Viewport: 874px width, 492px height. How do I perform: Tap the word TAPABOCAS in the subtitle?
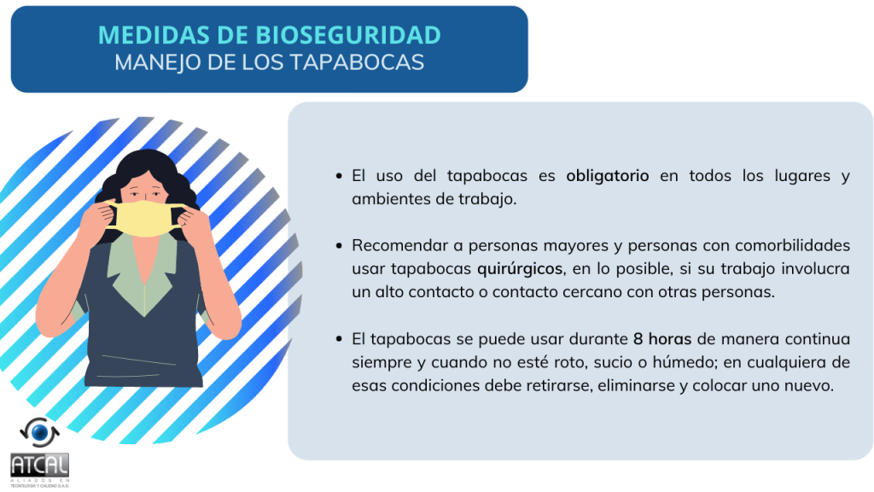point(357,62)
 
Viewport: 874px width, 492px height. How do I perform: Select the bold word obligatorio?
point(607,176)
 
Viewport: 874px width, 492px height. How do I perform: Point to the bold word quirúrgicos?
point(520,269)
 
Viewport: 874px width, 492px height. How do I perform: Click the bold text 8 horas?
point(662,339)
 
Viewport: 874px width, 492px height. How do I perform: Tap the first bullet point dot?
point(339,176)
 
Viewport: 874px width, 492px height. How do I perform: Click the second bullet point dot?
point(339,246)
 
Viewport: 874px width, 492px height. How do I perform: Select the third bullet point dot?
point(339,339)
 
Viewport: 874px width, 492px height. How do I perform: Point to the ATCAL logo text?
point(39,465)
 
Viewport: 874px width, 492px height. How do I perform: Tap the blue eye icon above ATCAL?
point(39,432)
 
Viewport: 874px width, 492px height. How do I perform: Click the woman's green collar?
point(144,274)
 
